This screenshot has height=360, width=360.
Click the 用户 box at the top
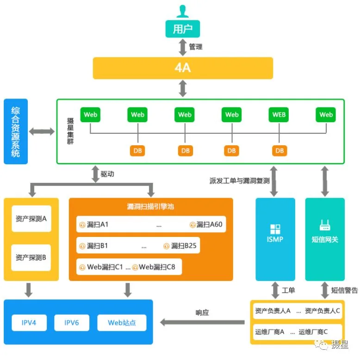coord(182,29)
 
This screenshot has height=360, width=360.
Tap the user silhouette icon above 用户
coord(182,11)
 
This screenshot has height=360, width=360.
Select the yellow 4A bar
coord(183,68)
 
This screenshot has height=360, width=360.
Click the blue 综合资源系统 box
coord(16,131)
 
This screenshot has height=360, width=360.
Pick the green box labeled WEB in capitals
coord(279,115)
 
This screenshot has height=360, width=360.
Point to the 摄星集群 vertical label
coord(70,131)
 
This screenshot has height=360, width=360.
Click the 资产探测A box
coord(31,218)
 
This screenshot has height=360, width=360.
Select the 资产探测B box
coord(31,258)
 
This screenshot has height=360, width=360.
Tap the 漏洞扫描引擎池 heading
coord(150,206)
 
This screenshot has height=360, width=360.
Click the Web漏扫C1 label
coord(105,267)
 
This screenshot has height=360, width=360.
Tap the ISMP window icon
coord(275,229)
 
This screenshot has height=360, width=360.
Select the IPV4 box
coord(29,323)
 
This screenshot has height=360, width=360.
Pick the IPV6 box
coord(72,323)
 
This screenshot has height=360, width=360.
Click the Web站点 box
coord(122,323)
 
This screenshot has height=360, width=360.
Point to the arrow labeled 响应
coord(202,323)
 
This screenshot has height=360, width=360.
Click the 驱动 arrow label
coord(107,174)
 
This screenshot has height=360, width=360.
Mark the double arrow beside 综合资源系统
coord(42,131)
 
